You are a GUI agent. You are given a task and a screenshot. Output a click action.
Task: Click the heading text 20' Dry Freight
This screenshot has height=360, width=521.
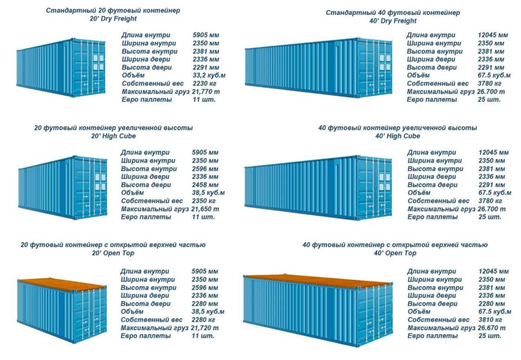[113, 19]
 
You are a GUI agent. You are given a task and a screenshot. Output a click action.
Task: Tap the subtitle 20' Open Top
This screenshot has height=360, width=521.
[113, 253]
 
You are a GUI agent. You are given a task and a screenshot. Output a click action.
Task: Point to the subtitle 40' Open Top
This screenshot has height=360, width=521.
[395, 253]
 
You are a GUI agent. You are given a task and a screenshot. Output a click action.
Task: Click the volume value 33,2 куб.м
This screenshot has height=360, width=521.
[209, 76]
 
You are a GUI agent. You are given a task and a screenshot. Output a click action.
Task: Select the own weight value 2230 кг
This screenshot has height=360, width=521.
[206, 84]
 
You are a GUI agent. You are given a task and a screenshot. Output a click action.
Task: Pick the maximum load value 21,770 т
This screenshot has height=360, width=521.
[207, 92]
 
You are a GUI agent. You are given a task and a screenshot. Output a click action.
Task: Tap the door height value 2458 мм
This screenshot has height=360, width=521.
[206, 185]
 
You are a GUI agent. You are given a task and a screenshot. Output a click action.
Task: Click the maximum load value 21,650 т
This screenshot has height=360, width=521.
[207, 209]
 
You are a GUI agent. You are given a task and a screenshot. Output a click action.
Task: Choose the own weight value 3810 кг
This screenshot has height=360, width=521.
[490, 319]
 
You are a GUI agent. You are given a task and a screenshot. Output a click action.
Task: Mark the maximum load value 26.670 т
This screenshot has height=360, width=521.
[491, 328]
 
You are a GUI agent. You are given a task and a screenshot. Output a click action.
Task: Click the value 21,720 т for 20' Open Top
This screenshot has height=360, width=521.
[207, 327]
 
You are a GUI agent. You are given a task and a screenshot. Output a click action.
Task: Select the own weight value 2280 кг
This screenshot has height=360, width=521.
[205, 319]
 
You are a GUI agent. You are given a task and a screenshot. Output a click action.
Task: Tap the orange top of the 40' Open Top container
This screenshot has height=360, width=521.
[318, 280]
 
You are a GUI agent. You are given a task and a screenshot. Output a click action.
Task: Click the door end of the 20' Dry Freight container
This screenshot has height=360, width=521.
[89, 68]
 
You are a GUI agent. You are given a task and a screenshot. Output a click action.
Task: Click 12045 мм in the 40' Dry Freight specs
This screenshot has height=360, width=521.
[493, 35]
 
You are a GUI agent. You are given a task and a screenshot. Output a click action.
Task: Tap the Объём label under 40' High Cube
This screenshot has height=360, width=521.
[419, 193]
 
